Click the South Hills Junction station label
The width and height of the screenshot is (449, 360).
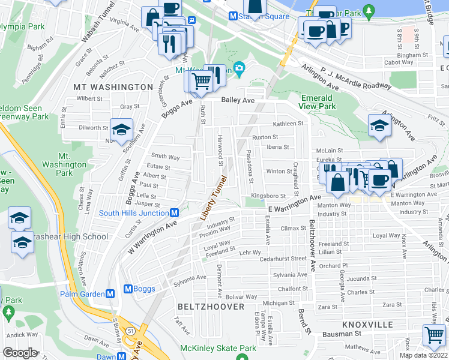coord(133,213)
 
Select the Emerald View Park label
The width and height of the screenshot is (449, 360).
coord(318,102)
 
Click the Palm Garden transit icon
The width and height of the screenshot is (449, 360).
coord(110,293)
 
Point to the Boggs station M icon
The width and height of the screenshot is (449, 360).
coord(128,289)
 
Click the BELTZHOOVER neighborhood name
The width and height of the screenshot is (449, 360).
coord(211,307)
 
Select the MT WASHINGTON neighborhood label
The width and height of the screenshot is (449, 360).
coord(113,87)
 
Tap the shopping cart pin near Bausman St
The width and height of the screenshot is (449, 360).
coord(435,334)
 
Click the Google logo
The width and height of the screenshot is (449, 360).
coord(20,353)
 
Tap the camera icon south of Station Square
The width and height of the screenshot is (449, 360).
coord(240,70)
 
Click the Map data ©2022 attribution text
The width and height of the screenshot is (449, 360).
coord(423,355)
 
